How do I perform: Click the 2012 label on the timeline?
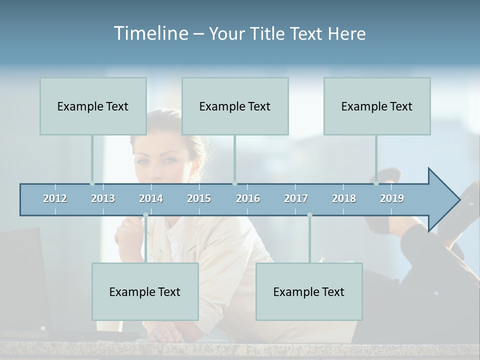click(55, 198)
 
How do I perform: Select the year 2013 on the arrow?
click(103, 198)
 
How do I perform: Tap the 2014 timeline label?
click(151, 198)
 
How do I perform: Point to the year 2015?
click(199, 198)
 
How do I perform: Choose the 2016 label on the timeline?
click(248, 198)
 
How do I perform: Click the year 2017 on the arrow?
click(296, 198)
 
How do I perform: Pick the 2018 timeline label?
click(344, 198)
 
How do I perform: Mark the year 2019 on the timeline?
click(392, 198)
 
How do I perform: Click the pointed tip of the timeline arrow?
click(459, 200)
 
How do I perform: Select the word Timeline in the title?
click(150, 33)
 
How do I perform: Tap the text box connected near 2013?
click(93, 106)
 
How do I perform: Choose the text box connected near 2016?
click(235, 106)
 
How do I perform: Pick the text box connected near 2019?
click(377, 106)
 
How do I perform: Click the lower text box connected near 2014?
click(145, 291)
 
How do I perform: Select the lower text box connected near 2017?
click(309, 291)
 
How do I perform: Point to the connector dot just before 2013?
click(92, 183)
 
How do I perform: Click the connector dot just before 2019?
click(376, 183)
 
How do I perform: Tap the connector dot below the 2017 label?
click(309, 215)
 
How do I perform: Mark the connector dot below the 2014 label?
click(145, 215)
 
